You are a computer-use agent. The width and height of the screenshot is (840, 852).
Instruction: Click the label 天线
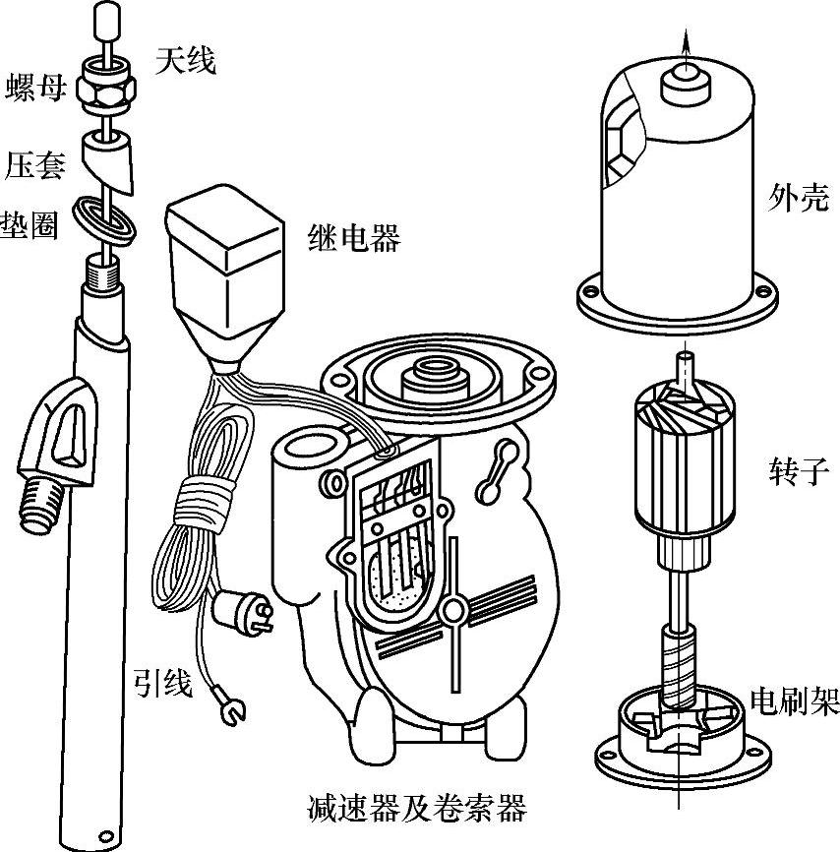coord(184,61)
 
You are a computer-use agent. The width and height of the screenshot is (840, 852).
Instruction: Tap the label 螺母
coord(36,88)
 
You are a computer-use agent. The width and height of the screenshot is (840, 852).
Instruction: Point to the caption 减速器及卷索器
coord(417,808)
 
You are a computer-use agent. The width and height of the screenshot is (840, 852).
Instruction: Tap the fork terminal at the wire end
coord(232,704)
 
